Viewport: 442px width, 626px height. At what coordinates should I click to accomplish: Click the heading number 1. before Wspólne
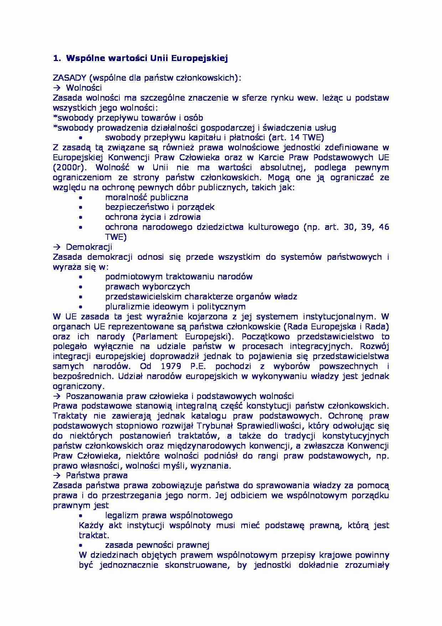pyautogui.click(x=56, y=58)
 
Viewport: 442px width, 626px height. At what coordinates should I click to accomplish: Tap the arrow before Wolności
pyautogui.click(x=57, y=88)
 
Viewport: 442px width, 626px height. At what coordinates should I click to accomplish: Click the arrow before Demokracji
pyautogui.click(x=57, y=247)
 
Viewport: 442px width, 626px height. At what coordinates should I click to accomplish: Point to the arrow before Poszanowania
pyautogui.click(x=57, y=396)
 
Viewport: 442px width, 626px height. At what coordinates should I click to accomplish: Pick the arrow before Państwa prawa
pyautogui.click(x=57, y=475)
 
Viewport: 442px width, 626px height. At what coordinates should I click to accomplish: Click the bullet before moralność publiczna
pyautogui.click(x=81, y=197)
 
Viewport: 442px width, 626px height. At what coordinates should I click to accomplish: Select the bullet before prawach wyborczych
pyautogui.click(x=81, y=287)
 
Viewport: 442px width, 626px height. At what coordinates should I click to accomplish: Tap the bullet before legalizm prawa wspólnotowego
pyautogui.click(x=81, y=515)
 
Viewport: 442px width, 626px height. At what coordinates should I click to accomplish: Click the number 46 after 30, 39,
pyautogui.click(x=384, y=227)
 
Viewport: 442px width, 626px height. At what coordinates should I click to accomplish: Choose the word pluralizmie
pyautogui.click(x=126, y=306)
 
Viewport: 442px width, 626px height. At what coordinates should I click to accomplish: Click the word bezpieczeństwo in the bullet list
pyautogui.click(x=132, y=207)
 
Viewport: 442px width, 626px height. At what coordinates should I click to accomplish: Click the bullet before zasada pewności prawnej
pyautogui.click(x=81, y=545)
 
